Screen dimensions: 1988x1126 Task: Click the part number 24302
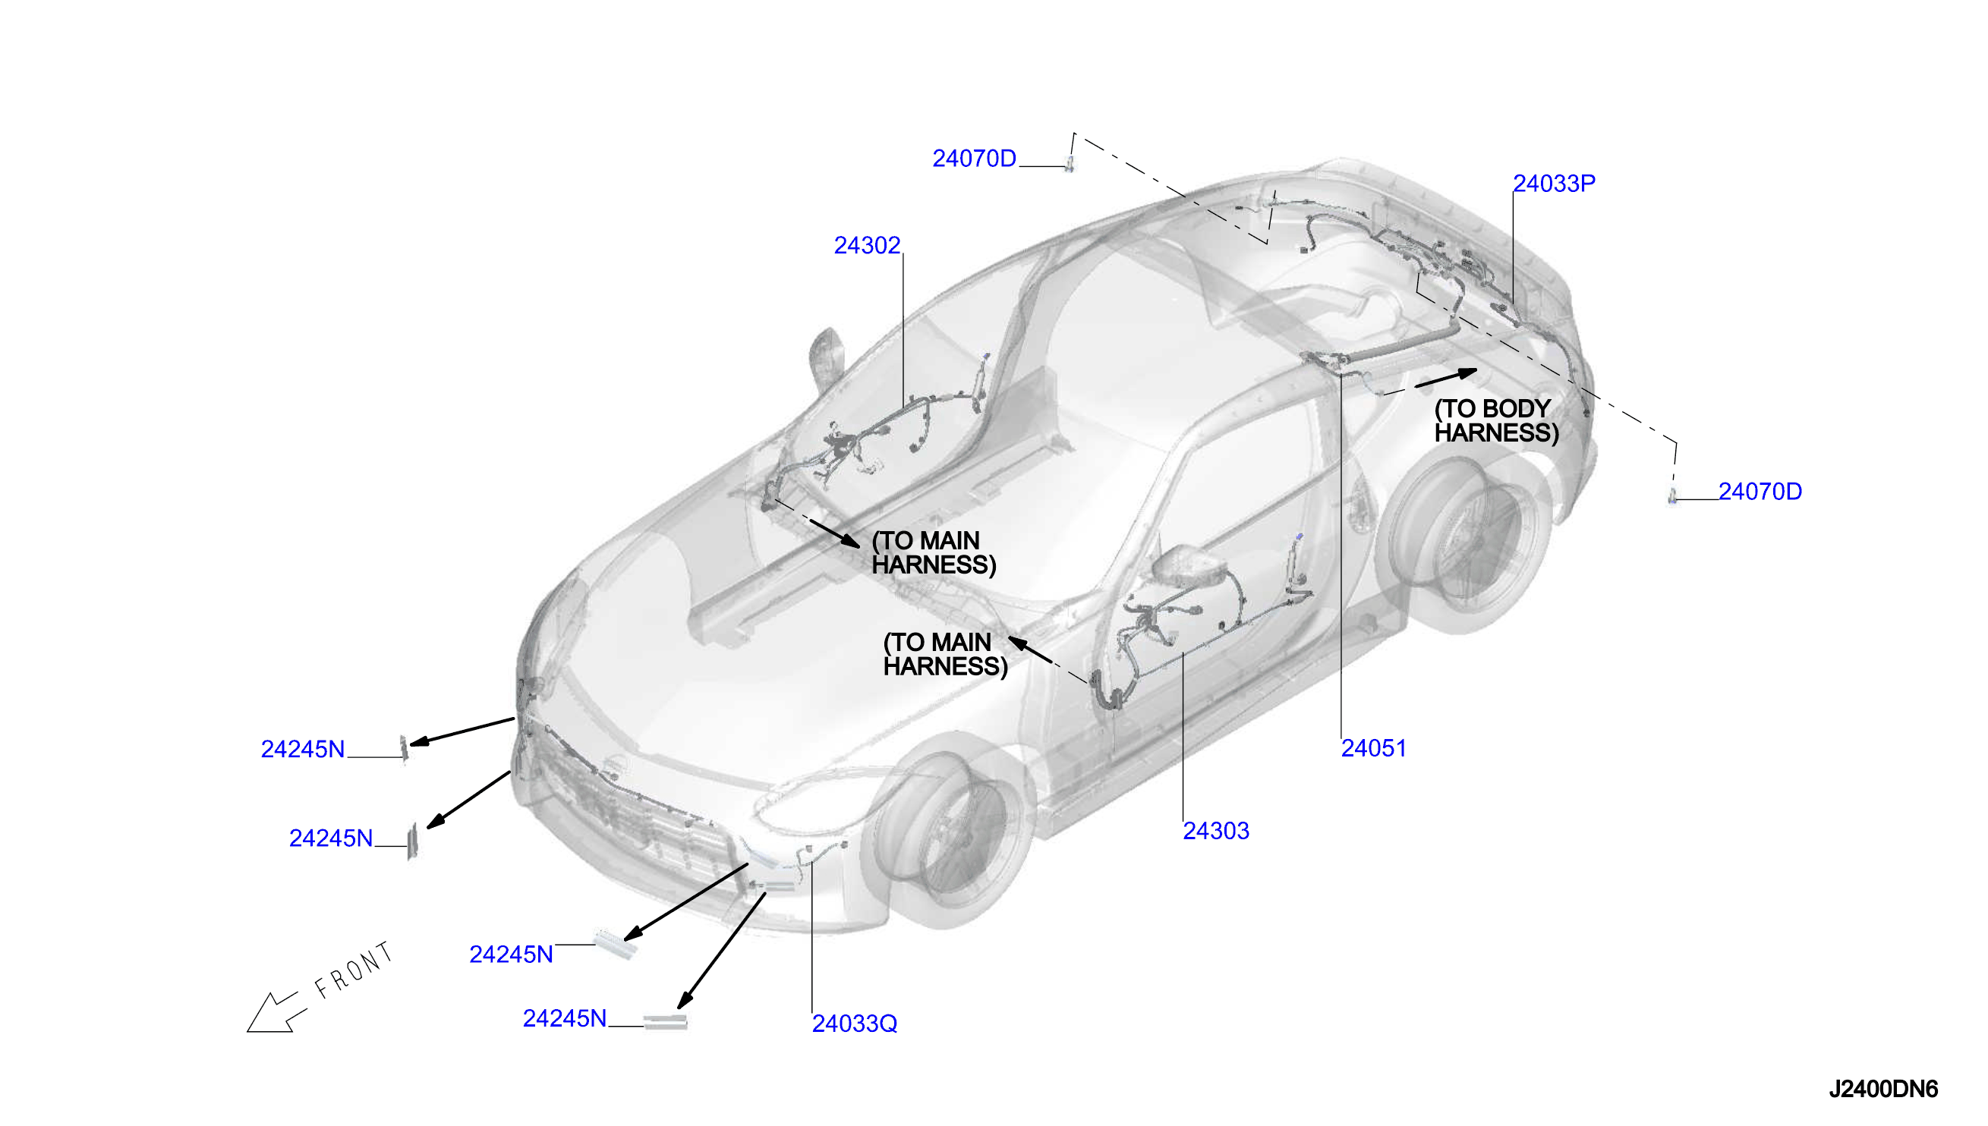[x=866, y=245]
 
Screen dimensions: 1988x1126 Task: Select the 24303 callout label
[x=1215, y=831]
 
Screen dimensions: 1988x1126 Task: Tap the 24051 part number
[x=1373, y=748]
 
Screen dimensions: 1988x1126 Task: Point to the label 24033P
[x=1553, y=184]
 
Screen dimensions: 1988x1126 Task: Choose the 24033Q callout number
[x=854, y=1023]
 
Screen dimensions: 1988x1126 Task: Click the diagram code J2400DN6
[x=1882, y=1089]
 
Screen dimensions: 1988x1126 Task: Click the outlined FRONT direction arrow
[x=276, y=1012]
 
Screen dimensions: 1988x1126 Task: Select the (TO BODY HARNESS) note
[x=1496, y=420]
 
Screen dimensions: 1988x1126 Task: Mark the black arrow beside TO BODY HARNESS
[x=1446, y=378]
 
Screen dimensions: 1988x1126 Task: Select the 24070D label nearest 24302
[x=974, y=159]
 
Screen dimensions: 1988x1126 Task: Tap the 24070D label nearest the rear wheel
[x=1760, y=491]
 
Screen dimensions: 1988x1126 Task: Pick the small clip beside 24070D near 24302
[x=1070, y=163]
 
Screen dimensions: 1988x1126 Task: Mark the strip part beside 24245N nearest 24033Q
[x=665, y=1022]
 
